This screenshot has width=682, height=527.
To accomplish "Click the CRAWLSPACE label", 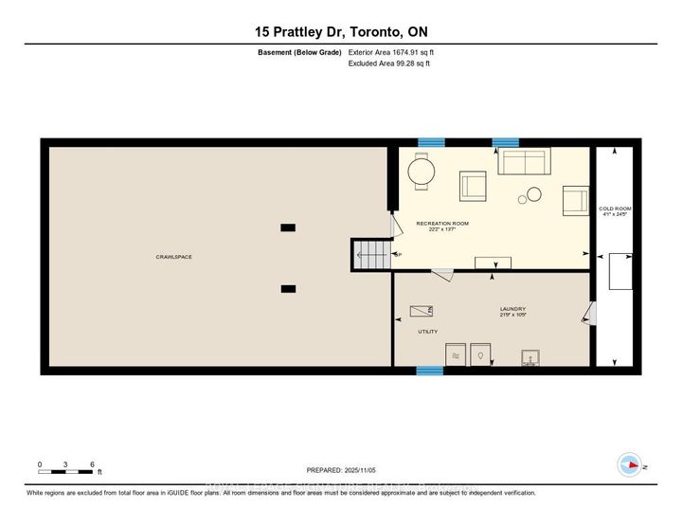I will [175, 257].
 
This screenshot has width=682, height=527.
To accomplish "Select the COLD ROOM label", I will [615, 211].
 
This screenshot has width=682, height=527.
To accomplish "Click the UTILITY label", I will [428, 332].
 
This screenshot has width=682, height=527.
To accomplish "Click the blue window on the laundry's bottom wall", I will [430, 371].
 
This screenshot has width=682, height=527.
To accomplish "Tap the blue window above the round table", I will [431, 142].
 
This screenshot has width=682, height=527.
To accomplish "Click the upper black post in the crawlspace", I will [288, 227].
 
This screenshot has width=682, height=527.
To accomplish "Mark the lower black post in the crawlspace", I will [288, 289].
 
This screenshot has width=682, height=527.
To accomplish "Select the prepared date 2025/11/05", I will [342, 470].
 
